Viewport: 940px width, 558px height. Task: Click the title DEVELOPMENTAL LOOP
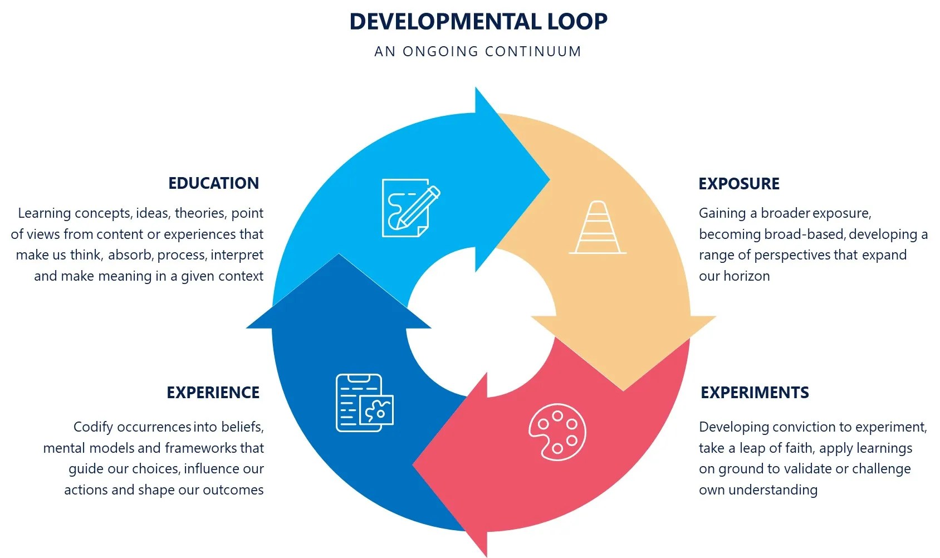pyautogui.click(x=478, y=22)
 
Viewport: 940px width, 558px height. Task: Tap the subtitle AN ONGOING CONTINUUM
pyautogui.click(x=478, y=51)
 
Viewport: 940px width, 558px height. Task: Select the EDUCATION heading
pyautogui.click(x=213, y=183)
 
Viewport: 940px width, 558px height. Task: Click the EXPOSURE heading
pyautogui.click(x=739, y=183)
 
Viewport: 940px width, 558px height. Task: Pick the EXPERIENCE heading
pyautogui.click(x=213, y=393)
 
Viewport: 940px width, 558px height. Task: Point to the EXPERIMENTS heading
pyautogui.click(x=755, y=393)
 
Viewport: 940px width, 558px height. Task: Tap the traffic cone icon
pyautogui.click(x=598, y=228)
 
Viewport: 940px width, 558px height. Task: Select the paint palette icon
pyautogui.click(x=557, y=432)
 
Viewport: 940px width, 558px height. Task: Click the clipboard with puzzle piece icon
pyautogui.click(x=364, y=403)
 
